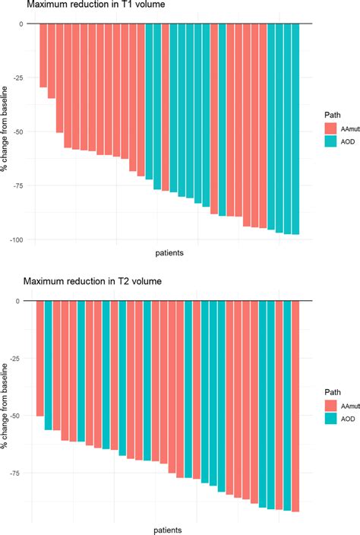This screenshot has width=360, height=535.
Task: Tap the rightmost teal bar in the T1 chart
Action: click(295, 128)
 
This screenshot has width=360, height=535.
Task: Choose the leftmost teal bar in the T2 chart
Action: click(48, 366)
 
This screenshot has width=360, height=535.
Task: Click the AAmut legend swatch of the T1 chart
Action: click(330, 128)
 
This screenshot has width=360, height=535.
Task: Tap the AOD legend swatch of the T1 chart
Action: click(330, 141)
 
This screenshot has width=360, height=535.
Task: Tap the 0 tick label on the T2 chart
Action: click(23, 301)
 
